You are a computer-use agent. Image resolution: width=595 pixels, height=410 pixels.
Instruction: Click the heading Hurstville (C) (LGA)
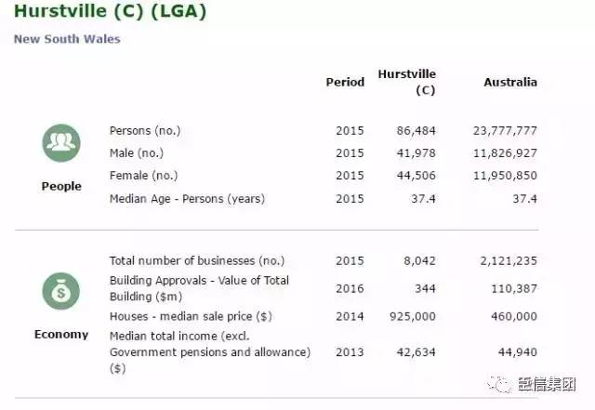[x=110, y=13]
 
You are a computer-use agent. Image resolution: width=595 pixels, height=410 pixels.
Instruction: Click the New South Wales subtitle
[x=67, y=39]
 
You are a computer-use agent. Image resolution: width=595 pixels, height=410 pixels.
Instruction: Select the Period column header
[x=345, y=82]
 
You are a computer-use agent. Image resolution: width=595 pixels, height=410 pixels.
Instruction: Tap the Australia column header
[x=510, y=82]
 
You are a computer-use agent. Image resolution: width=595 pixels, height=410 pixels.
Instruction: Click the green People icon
[x=60, y=142]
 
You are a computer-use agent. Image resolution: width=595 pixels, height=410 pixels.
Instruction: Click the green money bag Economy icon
[x=60, y=291]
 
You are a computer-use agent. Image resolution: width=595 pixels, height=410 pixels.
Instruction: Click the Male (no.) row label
[x=136, y=152]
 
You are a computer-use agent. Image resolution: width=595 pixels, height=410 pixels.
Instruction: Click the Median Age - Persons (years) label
[x=187, y=198]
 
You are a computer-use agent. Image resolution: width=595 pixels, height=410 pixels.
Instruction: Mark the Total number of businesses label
[x=197, y=260]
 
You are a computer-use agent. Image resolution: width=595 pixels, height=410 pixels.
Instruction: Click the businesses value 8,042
[x=418, y=260]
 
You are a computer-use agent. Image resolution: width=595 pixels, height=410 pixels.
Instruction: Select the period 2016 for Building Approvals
[x=350, y=289]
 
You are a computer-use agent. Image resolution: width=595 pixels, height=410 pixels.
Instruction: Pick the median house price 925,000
[x=413, y=316]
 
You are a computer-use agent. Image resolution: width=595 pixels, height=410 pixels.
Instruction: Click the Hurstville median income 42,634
[x=416, y=351]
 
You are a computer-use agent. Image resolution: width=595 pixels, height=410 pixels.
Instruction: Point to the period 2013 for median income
[x=350, y=351]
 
